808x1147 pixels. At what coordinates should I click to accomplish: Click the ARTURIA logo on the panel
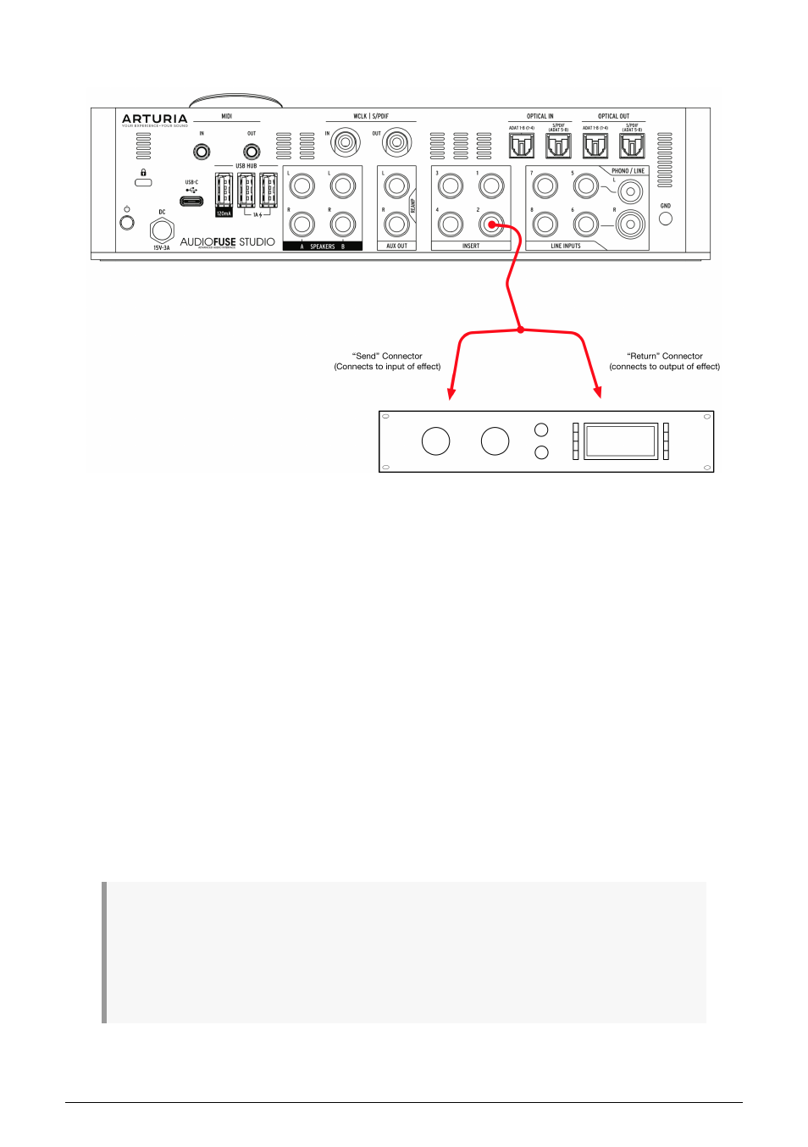pos(154,119)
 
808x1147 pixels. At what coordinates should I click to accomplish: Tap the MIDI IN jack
pos(202,152)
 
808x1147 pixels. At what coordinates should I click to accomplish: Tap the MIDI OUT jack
pos(252,152)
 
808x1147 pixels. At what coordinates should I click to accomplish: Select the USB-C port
pos(191,202)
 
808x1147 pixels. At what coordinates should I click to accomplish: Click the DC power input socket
pos(162,230)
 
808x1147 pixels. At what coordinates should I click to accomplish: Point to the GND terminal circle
pos(666,219)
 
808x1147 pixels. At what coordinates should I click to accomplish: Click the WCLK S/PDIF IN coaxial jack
pos(345,141)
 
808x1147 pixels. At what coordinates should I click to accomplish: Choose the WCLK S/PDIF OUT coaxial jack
pos(396,141)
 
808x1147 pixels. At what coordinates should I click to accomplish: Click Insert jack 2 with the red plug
pos(491,224)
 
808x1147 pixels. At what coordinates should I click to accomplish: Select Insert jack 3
pos(451,186)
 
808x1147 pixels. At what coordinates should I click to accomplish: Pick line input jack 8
pos(545,224)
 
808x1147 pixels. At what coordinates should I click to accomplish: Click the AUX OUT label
pos(396,247)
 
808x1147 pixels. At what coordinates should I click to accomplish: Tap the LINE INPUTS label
pos(566,247)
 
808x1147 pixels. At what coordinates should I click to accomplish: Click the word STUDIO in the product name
pos(257,242)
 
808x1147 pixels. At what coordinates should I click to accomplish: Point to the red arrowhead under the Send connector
pos(451,394)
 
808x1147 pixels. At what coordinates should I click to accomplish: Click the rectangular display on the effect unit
pos(621,441)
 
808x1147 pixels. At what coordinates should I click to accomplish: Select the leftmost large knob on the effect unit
pos(435,441)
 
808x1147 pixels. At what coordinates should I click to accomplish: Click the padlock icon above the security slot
pos(143,173)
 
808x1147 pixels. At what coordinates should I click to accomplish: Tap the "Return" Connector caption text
pos(665,357)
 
